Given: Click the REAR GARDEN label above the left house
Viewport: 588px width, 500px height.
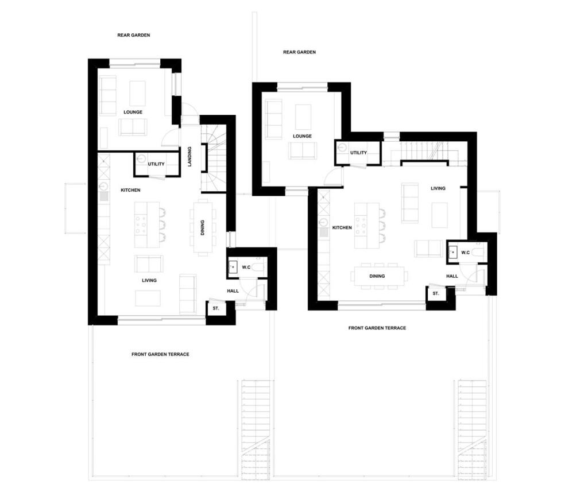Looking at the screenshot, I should click(x=134, y=35).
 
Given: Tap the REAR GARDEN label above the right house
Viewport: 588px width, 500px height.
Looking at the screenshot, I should click(x=299, y=52).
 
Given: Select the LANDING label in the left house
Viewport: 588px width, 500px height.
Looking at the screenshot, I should click(x=189, y=157).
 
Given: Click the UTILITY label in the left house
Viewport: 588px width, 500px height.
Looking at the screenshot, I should click(x=156, y=164).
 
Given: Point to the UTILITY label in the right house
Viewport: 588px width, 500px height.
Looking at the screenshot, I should click(x=358, y=153).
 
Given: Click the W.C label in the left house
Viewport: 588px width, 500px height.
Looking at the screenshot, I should click(x=246, y=268).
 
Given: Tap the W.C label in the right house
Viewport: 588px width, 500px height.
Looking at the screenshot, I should click(x=465, y=253).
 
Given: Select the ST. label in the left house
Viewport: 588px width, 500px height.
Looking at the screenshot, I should click(x=216, y=309).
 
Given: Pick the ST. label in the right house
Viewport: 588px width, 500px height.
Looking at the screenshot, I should click(x=436, y=294).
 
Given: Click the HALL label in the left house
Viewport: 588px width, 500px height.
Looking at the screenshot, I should click(x=233, y=291).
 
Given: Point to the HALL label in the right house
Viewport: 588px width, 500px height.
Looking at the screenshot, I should click(x=452, y=276).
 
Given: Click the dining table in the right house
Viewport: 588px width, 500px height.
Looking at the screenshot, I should click(x=377, y=276).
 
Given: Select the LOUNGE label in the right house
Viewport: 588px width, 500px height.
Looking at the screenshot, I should click(x=302, y=136).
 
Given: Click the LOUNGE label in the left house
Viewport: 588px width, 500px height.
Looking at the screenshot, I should click(x=133, y=112).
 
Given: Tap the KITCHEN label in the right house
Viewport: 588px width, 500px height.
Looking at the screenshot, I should click(x=342, y=228).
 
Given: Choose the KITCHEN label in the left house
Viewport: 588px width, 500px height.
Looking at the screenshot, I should click(x=130, y=190).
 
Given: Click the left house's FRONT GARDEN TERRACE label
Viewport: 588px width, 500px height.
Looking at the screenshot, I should click(x=160, y=354).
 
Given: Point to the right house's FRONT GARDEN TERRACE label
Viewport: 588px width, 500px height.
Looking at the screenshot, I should click(x=377, y=328).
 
